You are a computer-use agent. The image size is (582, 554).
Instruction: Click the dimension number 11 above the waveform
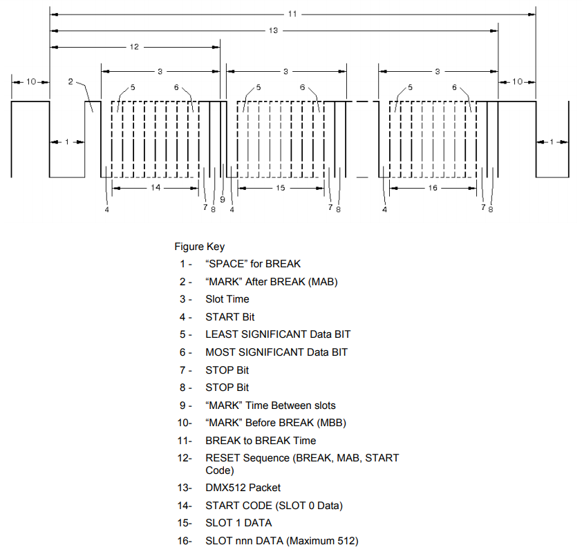point(292,14)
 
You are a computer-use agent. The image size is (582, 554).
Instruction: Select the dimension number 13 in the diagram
point(274,30)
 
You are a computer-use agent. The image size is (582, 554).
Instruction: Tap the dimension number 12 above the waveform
point(134,47)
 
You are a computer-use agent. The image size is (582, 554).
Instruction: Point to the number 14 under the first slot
point(156,188)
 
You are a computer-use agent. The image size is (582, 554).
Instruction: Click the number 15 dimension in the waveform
point(281,188)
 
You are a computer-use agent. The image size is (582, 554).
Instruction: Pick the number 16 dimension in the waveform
point(433,188)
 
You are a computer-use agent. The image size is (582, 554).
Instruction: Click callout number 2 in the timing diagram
point(71,82)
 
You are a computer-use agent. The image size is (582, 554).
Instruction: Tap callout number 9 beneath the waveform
point(222,200)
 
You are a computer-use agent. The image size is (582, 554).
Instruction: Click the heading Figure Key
point(199,247)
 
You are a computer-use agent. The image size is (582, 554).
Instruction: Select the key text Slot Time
point(227,299)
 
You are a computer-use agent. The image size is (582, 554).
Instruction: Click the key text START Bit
point(230,317)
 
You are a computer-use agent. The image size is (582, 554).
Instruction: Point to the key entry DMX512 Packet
point(243,488)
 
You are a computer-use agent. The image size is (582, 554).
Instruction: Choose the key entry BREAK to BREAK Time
point(261,441)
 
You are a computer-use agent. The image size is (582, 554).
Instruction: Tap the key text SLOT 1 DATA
point(238,523)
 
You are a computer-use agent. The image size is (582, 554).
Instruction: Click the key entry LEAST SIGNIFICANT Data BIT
point(278,334)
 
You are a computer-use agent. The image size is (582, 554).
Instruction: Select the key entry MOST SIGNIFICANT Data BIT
point(276,352)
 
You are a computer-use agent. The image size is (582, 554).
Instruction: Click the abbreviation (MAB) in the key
point(321,282)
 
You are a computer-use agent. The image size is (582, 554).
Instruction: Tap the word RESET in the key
point(222,458)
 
